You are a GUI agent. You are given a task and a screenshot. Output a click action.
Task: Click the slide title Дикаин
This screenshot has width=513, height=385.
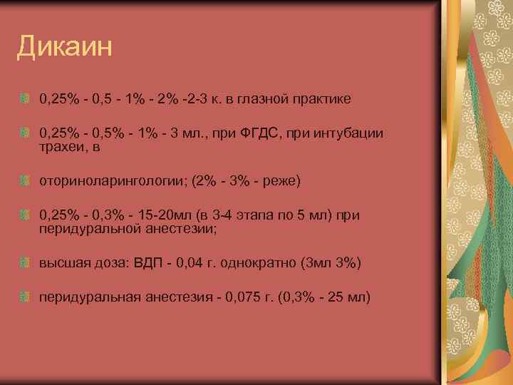pos(64,48)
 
